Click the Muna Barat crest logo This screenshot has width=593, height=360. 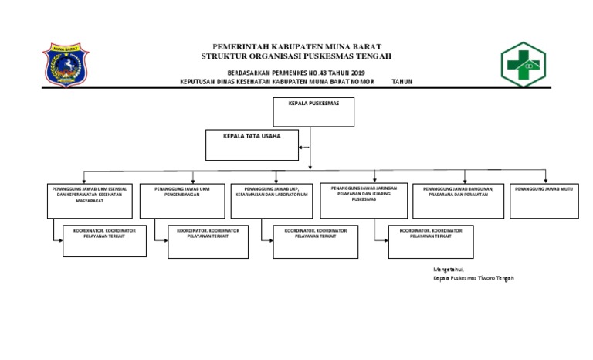[69, 68]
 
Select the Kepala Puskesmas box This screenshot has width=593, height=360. [313, 111]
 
